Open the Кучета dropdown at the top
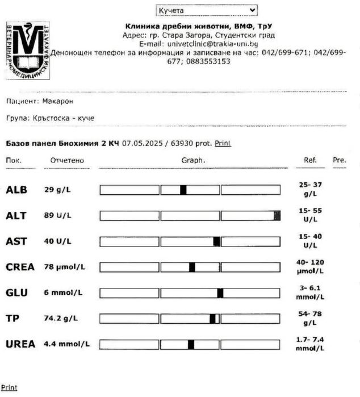206,10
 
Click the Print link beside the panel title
223,144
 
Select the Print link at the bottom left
9,387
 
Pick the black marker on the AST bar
216,241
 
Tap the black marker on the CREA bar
192,267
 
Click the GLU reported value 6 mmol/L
63,292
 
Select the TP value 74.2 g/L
61,319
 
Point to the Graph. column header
193,161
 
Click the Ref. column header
310,161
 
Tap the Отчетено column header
67,161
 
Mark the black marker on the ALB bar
183,190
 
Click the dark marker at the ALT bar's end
277,215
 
